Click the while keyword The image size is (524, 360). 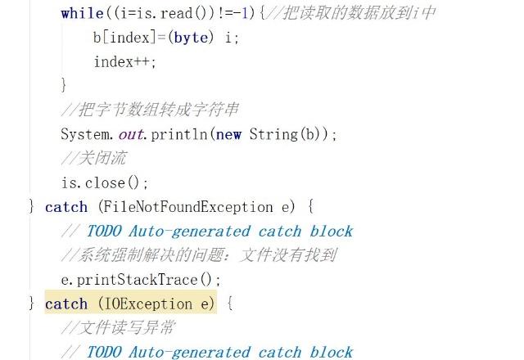click(x=81, y=13)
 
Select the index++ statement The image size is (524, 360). click(x=124, y=62)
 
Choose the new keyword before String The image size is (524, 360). click(x=228, y=134)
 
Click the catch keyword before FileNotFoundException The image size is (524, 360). click(x=65, y=207)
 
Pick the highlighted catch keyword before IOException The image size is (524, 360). click(x=65, y=304)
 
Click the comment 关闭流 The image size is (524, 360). click(x=93, y=158)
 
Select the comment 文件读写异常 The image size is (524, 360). click(x=118, y=328)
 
